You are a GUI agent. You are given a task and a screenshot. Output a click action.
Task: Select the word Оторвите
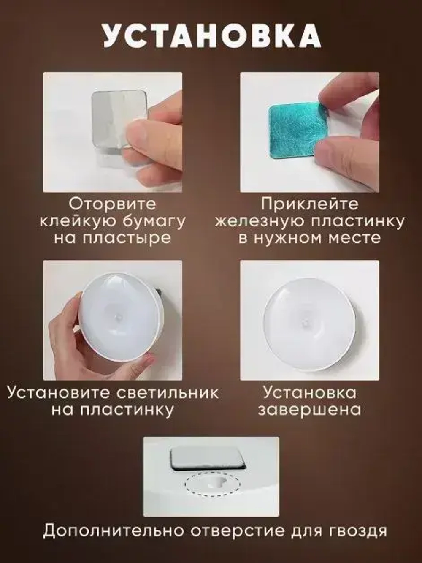click(x=113, y=204)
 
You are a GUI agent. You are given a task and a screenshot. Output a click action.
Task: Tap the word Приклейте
click(x=309, y=204)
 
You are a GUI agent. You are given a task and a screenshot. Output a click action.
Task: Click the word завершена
click(x=309, y=410)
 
